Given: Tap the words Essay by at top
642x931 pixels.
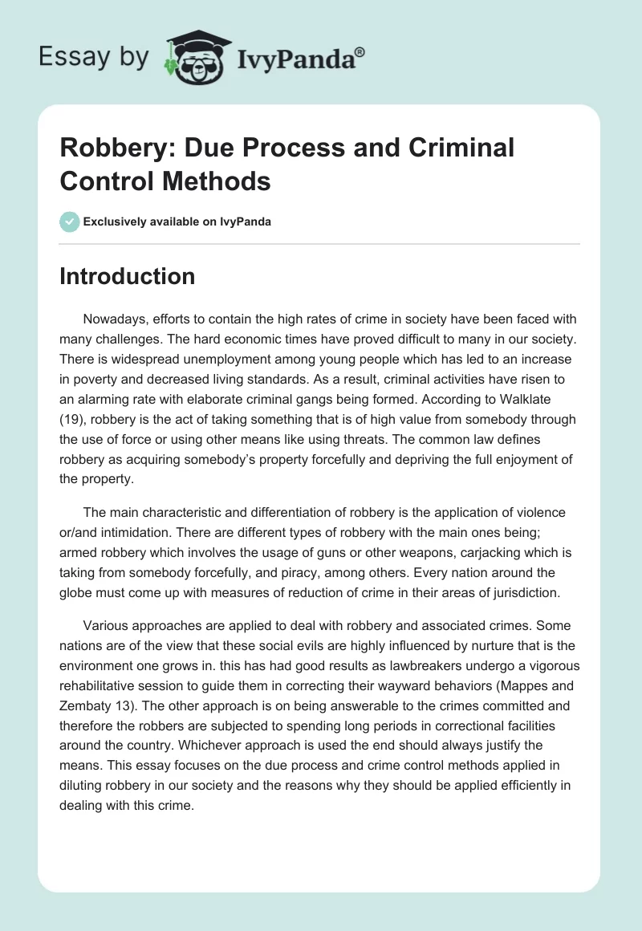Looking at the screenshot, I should [x=93, y=57].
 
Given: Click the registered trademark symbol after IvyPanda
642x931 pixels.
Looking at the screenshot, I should [x=360, y=51].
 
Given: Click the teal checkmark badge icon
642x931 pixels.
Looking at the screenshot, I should [x=70, y=222].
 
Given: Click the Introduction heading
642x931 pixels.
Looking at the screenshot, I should [x=127, y=276].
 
